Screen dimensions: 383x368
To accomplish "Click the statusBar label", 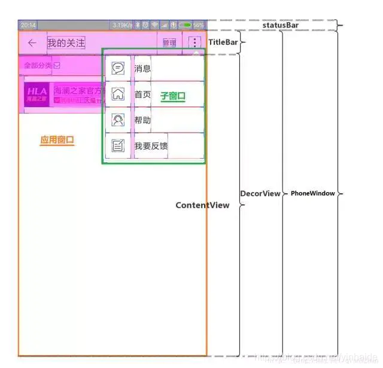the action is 281,25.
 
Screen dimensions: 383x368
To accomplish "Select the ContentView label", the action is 202,205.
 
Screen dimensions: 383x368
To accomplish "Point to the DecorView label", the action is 260,194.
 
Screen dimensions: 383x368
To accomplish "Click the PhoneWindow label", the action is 312,194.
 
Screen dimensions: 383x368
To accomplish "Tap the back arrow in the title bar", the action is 32,43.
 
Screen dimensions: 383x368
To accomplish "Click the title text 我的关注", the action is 66,43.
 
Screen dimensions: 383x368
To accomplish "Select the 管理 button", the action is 169,43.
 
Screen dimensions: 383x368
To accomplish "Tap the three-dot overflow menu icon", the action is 194,42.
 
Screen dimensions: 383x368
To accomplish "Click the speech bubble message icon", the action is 118,68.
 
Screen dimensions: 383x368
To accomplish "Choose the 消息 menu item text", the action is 142,68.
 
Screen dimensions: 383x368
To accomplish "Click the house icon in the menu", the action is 118,94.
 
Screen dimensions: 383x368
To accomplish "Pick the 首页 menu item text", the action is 142,95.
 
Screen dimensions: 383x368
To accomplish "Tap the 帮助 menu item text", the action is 142,120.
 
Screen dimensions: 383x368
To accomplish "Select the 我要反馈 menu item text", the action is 151,146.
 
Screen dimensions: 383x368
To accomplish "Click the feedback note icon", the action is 118,146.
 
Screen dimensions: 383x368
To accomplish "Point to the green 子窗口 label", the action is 173,96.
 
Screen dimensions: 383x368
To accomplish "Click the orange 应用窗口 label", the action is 57,140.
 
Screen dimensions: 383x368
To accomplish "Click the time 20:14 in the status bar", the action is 28,25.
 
